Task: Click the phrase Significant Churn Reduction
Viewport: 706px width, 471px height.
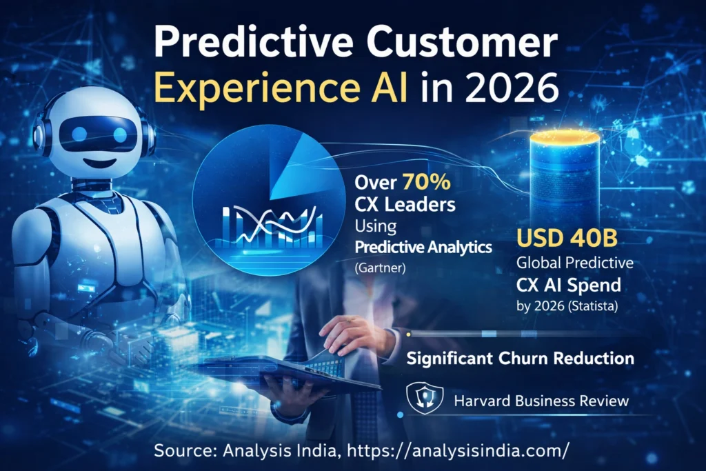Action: tap(520, 359)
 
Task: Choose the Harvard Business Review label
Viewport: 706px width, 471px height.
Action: tap(541, 401)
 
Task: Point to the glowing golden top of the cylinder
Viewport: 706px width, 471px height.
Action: tap(565, 137)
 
